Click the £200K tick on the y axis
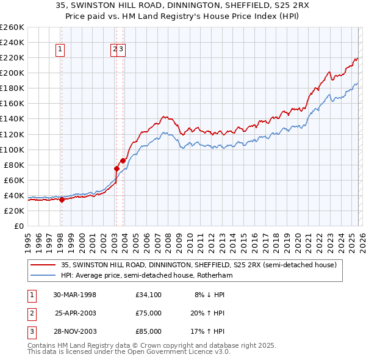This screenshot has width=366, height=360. point(12,73)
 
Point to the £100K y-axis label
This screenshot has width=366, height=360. point(12,149)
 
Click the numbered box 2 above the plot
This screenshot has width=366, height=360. point(115,51)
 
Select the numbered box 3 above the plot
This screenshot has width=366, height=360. point(121,51)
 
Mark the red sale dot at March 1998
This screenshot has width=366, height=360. point(62,200)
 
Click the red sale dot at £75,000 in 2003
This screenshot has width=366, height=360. point(116,168)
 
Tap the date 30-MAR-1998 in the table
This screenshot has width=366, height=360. point(75,295)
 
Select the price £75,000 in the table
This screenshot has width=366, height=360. point(149,313)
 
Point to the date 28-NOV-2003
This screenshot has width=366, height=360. point(75,331)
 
